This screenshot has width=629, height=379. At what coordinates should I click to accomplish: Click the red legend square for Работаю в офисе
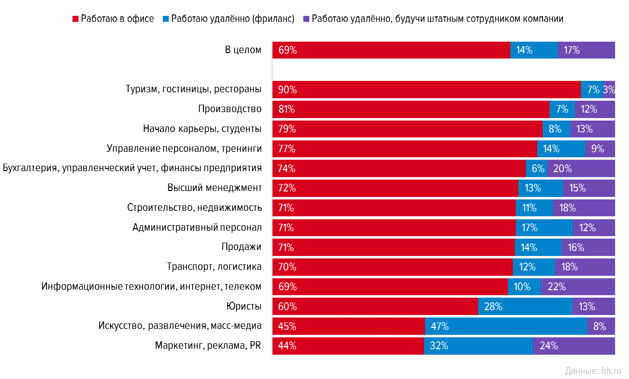click(x=75, y=19)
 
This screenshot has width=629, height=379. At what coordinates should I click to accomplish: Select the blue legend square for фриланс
click(x=165, y=19)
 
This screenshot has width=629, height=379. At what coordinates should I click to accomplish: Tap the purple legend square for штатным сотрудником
click(x=306, y=19)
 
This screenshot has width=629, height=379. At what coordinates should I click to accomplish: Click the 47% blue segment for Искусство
click(x=506, y=326)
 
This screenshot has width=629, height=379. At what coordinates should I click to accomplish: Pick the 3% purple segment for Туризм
click(x=609, y=90)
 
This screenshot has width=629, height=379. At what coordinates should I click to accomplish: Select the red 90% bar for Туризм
click(x=426, y=90)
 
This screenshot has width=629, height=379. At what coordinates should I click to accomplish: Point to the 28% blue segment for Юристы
click(x=525, y=307)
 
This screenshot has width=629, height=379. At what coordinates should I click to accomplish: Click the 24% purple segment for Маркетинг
click(x=573, y=346)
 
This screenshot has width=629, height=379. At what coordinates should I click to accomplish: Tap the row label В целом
click(x=243, y=50)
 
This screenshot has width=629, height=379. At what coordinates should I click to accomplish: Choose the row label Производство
click(x=229, y=109)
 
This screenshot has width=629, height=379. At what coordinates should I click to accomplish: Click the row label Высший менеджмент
click(x=214, y=188)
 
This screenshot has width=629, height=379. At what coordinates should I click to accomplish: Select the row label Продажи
click(x=241, y=247)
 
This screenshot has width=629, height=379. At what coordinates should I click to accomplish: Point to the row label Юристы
click(x=243, y=307)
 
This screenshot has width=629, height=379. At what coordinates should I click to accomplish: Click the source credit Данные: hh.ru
click(x=592, y=371)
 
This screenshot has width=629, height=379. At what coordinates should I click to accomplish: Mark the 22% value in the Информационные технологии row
click(x=557, y=287)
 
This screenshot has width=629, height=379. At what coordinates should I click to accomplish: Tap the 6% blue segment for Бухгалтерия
click(x=536, y=169)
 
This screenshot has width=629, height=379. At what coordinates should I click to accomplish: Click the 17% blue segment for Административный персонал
click(x=544, y=228)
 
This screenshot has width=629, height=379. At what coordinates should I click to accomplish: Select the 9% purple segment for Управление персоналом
click(x=600, y=149)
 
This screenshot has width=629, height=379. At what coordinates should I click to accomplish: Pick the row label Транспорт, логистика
click(x=214, y=267)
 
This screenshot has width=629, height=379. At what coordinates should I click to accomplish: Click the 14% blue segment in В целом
click(x=534, y=50)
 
